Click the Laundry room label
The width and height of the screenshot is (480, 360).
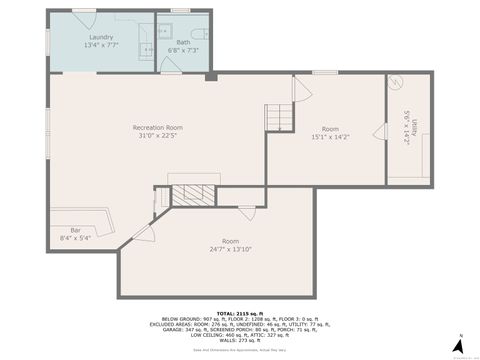click(x=101, y=37)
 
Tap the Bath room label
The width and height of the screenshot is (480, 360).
click(x=183, y=43)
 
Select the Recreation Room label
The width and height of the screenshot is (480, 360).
click(x=158, y=128)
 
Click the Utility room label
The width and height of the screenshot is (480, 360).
click(x=407, y=128)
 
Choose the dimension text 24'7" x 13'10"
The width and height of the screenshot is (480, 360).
click(x=231, y=249)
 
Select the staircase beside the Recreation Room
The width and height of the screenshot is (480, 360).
click(x=279, y=117)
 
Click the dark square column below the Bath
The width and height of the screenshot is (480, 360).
click(x=211, y=75)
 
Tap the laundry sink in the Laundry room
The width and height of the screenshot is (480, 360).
click(x=148, y=46)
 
